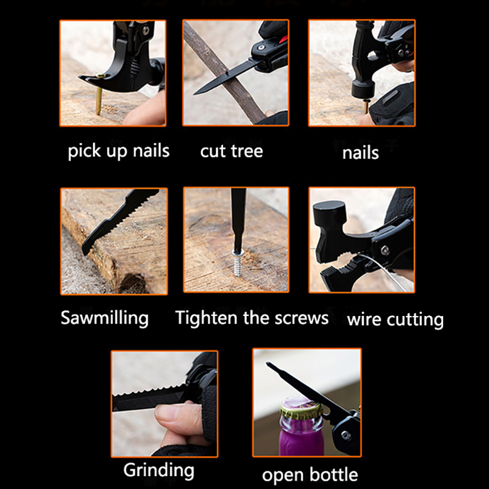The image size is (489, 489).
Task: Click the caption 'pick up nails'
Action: click(x=119, y=151)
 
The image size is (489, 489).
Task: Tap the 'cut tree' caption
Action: click(x=232, y=151)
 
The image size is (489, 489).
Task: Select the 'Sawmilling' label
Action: click(x=105, y=318)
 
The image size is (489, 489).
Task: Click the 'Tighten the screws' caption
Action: click(x=252, y=318)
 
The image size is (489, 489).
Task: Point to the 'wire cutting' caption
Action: click(x=395, y=320)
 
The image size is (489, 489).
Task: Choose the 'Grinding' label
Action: click(x=159, y=470)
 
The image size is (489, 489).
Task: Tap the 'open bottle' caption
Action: click(x=310, y=475)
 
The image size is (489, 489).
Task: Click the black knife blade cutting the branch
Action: click(x=226, y=78)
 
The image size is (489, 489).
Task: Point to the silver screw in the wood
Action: click(x=238, y=263)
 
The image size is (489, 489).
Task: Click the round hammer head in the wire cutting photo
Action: click(x=328, y=213)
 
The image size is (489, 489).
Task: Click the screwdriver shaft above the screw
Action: click(x=238, y=218)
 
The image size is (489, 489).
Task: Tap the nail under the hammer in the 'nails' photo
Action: click(x=366, y=106)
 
